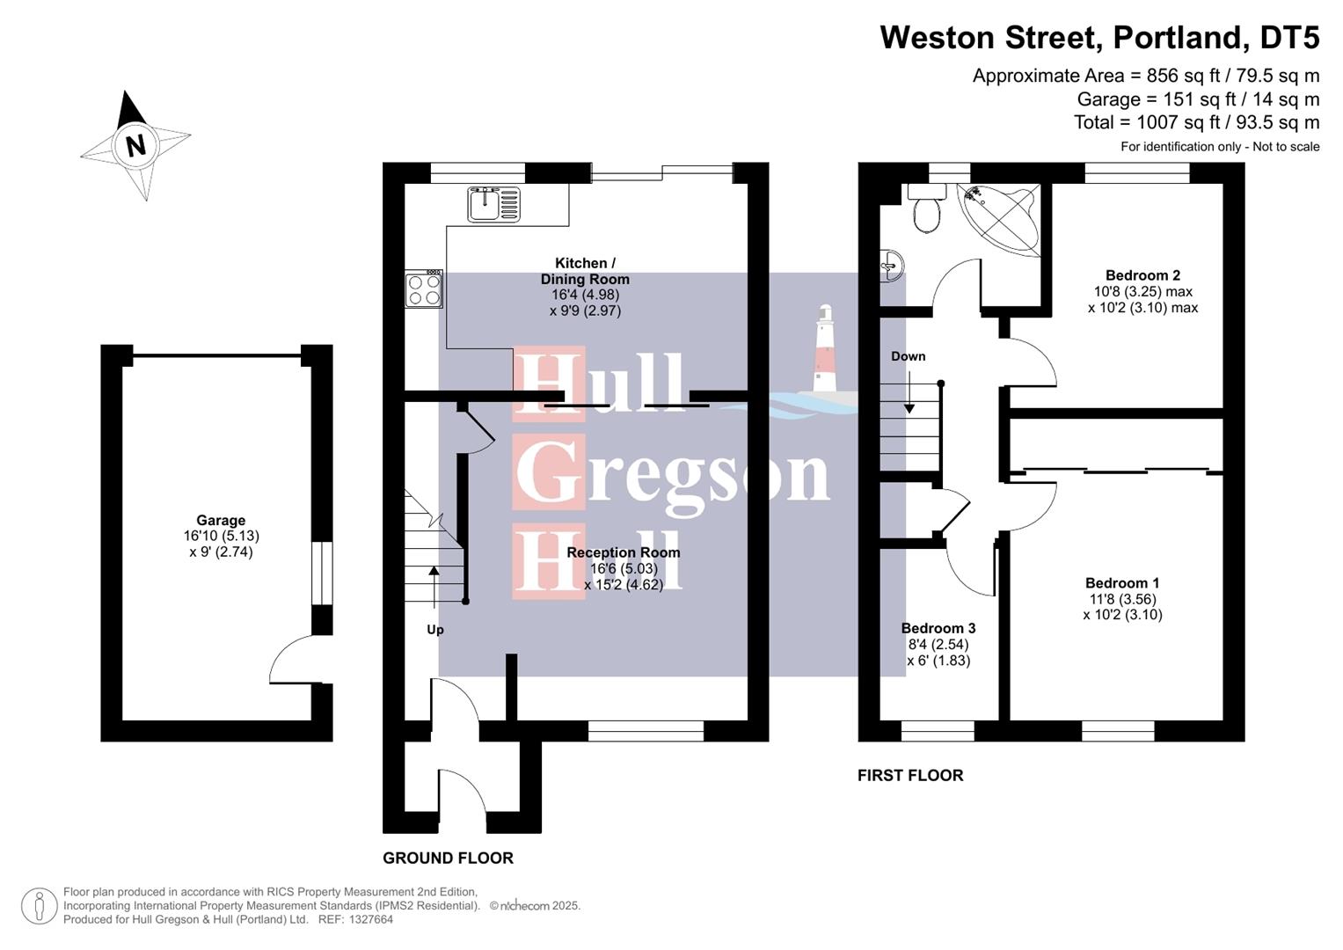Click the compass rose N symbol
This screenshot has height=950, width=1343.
135,145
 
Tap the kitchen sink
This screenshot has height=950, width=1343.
494,205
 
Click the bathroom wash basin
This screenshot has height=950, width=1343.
892,264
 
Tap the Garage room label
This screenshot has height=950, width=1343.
221,521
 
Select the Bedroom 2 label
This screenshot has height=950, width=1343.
1142,275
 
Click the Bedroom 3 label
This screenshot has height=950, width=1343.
938,628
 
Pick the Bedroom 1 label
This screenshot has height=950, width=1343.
1121,583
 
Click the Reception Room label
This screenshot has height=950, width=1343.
623,552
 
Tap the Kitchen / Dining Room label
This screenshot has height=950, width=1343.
585,271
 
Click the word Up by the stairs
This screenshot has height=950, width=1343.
435,630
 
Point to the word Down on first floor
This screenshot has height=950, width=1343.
908,356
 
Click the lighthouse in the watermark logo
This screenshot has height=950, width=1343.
824,352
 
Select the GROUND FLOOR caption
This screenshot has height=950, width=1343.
448,858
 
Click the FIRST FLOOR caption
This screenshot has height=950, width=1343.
910,775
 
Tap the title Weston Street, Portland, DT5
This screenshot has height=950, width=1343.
1099,38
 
